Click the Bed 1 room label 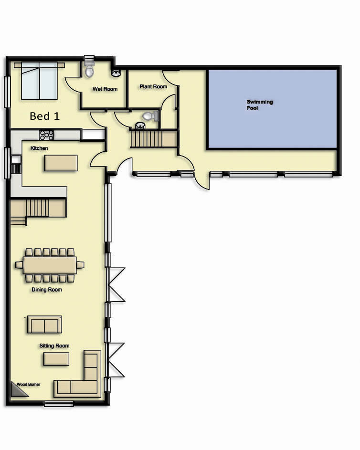[44, 116]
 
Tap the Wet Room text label [105, 89]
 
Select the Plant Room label [153, 86]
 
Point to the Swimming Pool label [260, 105]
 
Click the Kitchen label [39, 148]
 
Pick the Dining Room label [47, 290]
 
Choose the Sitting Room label [54, 345]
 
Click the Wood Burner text [29, 384]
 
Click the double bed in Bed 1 [39, 81]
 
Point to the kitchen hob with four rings [46, 135]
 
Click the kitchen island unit [61, 163]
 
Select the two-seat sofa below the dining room [44, 324]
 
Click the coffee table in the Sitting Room [56, 359]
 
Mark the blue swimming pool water [272, 109]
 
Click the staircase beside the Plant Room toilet [154, 138]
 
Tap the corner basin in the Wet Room [116, 73]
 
